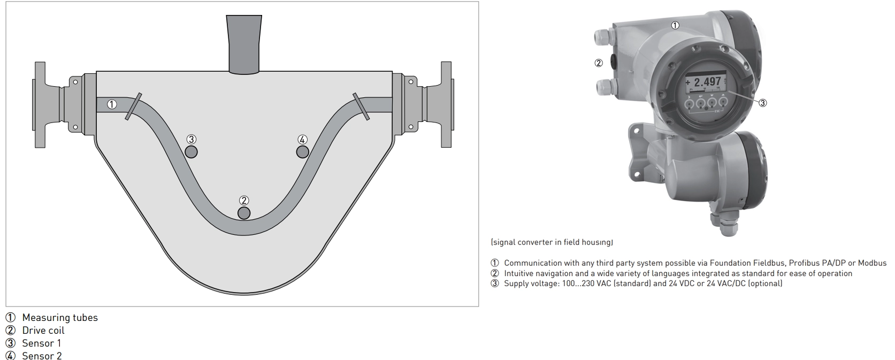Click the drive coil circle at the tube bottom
(244, 213)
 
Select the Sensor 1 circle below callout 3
(191, 151)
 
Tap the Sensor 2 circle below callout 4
(302, 151)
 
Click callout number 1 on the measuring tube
(111, 104)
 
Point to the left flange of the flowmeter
(40, 104)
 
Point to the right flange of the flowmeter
(447, 104)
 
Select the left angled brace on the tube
(133, 106)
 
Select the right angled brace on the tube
(361, 106)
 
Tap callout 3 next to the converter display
(763, 103)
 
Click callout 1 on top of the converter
(675, 25)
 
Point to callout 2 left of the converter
(599, 63)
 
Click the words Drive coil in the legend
(43, 330)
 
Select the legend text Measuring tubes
(60, 318)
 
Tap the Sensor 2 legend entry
(42, 356)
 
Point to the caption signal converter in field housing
(552, 242)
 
